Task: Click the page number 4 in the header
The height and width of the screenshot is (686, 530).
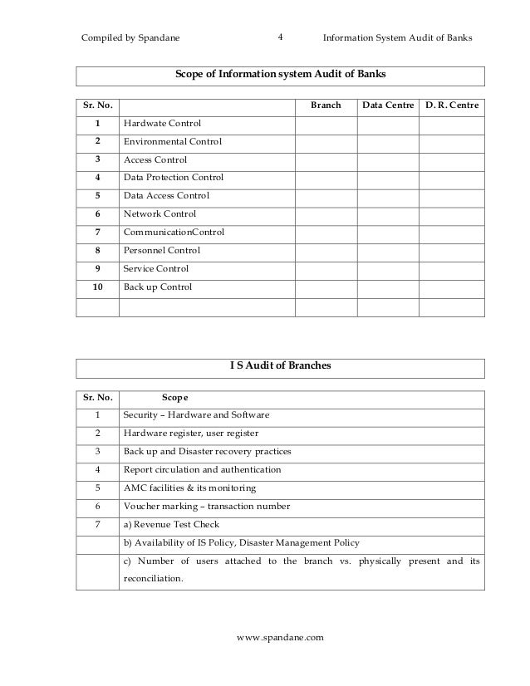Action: coord(280,37)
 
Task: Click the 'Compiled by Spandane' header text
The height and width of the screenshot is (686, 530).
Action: coord(130,38)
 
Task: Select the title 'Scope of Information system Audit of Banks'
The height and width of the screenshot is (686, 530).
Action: coord(280,76)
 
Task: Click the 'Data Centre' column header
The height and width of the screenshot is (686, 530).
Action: coord(387,106)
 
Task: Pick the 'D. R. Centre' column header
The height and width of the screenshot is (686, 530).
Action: coord(451,106)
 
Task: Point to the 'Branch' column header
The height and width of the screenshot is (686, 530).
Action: coord(326,106)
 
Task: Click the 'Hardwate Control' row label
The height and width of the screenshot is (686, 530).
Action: coord(162,124)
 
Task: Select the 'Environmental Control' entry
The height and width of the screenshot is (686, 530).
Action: coord(172,142)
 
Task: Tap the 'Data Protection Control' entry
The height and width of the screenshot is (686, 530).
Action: coord(173,178)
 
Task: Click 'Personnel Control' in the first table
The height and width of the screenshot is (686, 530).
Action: coord(162,251)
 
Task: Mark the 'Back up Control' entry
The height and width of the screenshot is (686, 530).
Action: coord(158,287)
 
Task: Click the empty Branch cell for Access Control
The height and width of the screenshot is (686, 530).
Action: coord(326,160)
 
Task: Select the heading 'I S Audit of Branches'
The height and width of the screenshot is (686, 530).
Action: coord(280,368)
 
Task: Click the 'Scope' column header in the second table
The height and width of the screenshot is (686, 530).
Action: coord(174,397)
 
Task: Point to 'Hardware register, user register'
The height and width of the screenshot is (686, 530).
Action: coord(190,434)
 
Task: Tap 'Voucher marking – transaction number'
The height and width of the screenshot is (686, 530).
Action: coord(206,506)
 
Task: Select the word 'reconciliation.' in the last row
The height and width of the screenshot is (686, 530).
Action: coord(153,579)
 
